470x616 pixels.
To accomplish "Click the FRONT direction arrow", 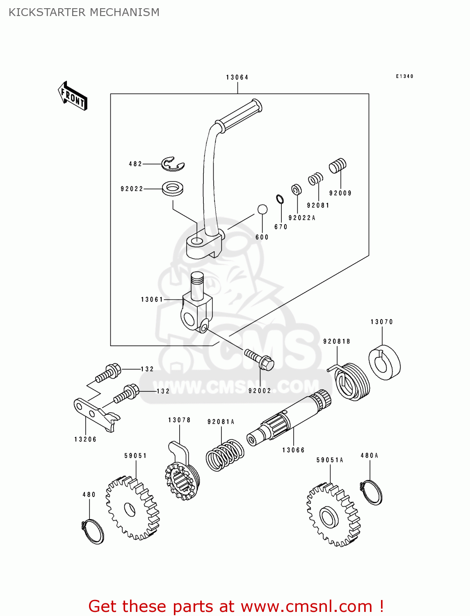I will tap(73, 96).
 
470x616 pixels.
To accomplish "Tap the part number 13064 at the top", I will tap(237, 77).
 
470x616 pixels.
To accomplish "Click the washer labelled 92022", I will tap(173, 188).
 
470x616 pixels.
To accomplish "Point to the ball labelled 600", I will tap(262, 209).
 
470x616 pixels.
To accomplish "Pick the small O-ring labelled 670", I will tap(280, 199).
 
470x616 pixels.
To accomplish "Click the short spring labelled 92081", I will tap(315, 179).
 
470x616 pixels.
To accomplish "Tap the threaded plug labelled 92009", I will tap(338, 166).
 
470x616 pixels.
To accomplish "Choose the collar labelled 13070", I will tap(384, 363).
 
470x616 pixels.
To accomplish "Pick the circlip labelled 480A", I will tap(372, 492).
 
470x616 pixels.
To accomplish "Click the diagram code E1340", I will tap(404, 76).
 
